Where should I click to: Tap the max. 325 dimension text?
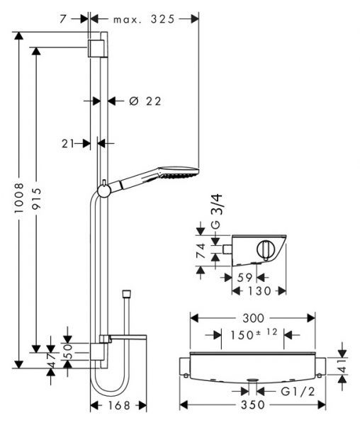143,21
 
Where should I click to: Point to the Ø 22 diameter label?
145,101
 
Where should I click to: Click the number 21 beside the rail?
69,143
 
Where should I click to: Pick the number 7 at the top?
63,21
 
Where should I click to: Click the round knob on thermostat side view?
265,250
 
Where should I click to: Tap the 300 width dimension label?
247,319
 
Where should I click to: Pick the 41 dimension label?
342,367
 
